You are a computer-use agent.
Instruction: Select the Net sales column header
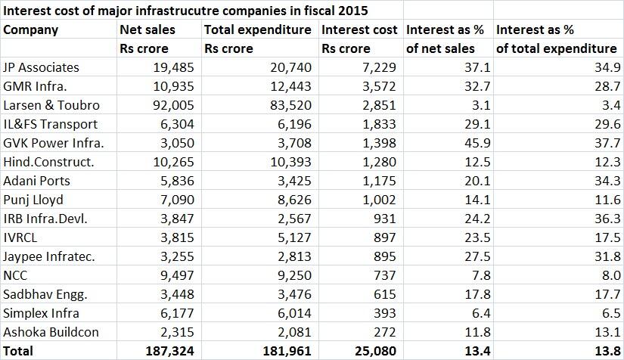pos(147,29)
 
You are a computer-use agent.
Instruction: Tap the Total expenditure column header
pos(258,29)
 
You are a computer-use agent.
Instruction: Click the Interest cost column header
pos(359,29)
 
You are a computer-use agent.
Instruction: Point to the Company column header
pos(31,29)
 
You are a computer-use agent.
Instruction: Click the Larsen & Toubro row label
pos(51,105)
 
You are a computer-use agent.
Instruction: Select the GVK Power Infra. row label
pos(54,143)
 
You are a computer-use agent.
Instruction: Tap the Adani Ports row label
pos(38,181)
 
